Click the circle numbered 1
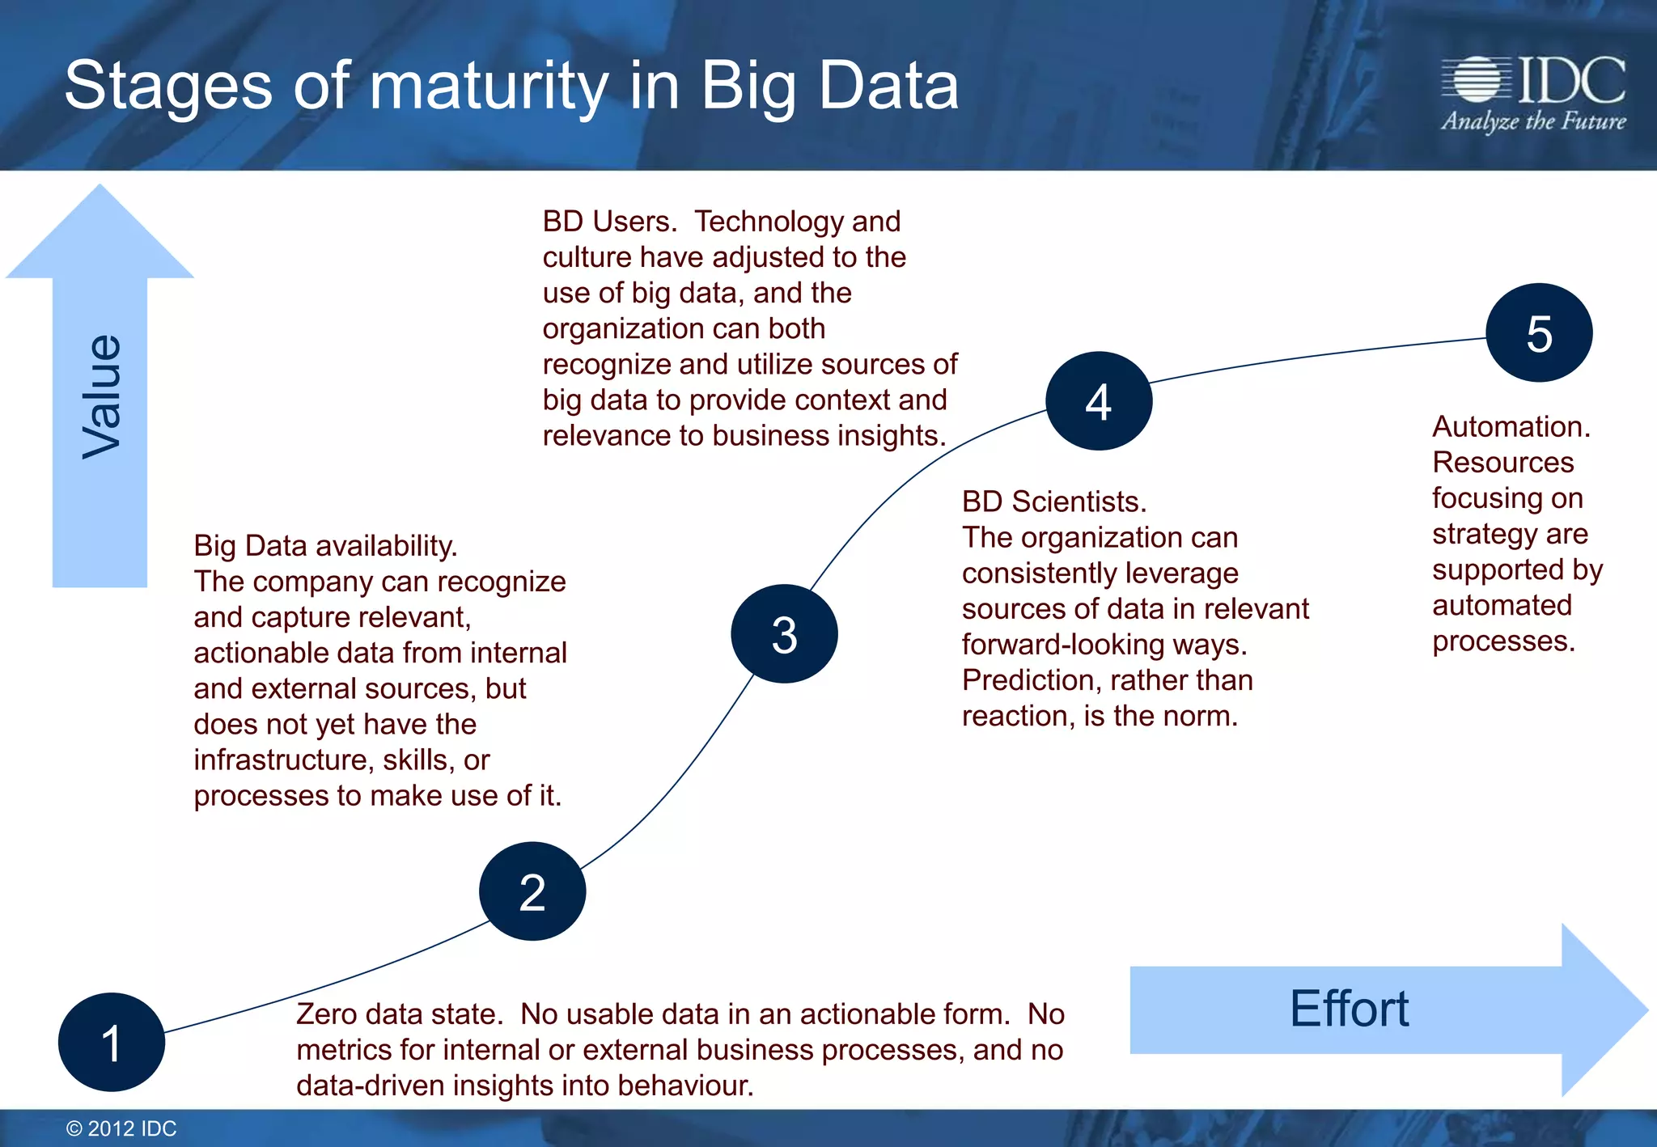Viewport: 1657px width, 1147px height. click(112, 1042)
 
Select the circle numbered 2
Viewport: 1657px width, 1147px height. click(532, 891)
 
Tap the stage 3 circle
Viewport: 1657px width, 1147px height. click(784, 634)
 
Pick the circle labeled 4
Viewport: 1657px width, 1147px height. click(1099, 401)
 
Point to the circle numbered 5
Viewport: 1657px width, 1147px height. click(1539, 332)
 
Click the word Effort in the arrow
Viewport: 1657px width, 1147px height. click(1349, 1009)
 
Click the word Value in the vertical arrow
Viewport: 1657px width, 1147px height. click(102, 396)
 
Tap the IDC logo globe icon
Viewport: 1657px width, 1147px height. click(1477, 79)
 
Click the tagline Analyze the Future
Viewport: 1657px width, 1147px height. click(1533, 121)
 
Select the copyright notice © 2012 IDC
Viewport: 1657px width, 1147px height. click(121, 1128)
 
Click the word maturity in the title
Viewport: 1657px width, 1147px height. click(488, 87)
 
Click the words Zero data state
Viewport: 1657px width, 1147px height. click(400, 1014)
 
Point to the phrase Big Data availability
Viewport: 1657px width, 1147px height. click(325, 545)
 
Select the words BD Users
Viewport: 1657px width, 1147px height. click(609, 221)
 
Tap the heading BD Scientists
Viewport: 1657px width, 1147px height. click(1053, 502)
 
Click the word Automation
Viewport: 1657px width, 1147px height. click(1511, 426)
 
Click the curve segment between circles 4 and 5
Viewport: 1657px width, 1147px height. click(1319, 355)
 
